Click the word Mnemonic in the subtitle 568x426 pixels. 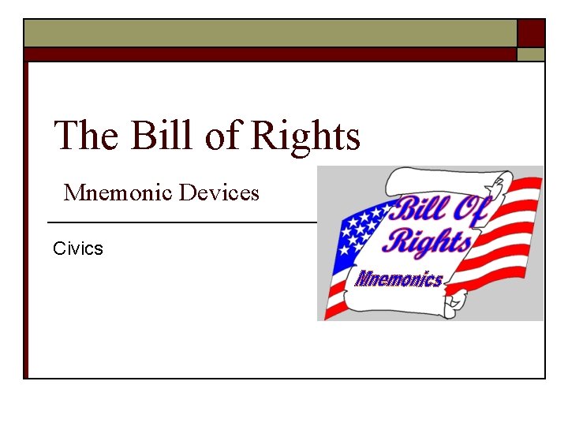pyautogui.click(x=118, y=192)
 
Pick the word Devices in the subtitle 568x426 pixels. pyautogui.click(x=219, y=192)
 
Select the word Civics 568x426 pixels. pyautogui.click(x=77, y=248)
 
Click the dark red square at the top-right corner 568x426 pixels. pyautogui.click(x=531, y=33)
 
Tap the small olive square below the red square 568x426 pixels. pyautogui.click(x=531, y=54)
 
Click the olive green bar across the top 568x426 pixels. pyautogui.click(x=268, y=33)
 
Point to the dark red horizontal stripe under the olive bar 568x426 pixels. pyautogui.click(x=268, y=54)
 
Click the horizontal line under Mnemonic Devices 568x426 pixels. pyautogui.click(x=181, y=222)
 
